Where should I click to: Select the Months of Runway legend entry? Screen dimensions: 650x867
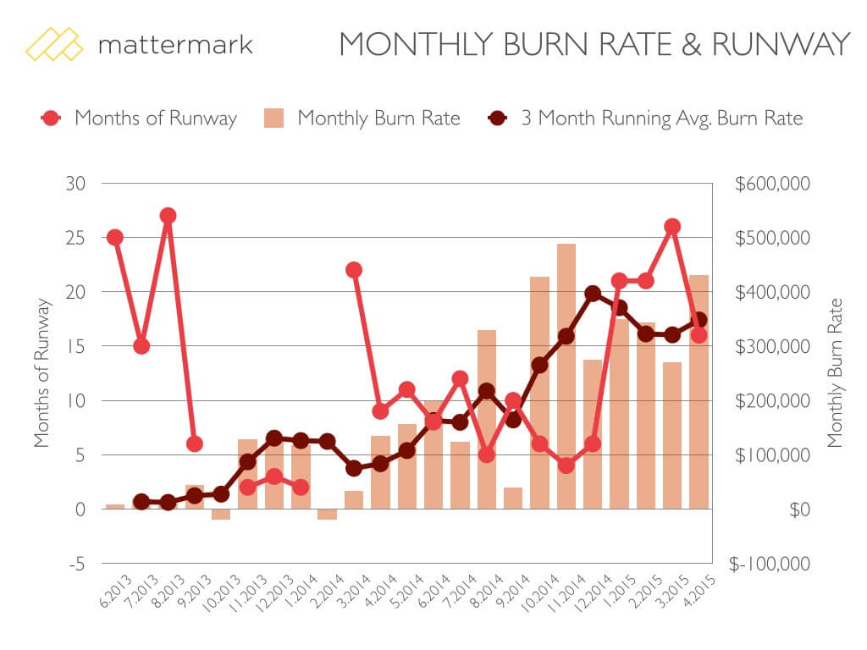(139, 118)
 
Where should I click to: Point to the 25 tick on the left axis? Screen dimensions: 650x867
(76, 238)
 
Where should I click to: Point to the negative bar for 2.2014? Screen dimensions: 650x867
(327, 514)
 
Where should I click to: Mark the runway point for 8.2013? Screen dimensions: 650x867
(168, 216)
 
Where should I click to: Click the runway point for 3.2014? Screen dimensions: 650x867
(354, 270)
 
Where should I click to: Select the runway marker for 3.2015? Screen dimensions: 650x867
(672, 227)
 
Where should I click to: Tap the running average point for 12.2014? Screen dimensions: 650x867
(593, 294)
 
